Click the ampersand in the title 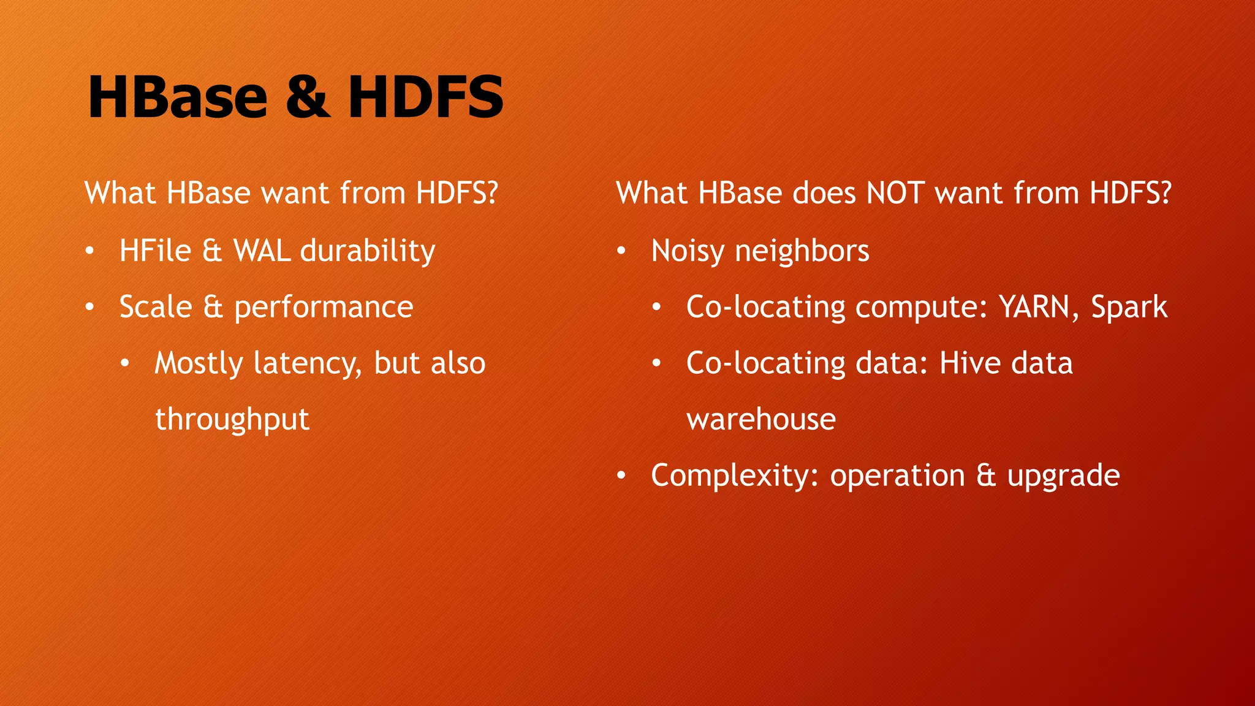[x=308, y=97]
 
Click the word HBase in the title [x=178, y=97]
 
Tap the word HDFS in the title [x=426, y=97]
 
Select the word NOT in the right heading [x=895, y=193]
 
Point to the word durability [x=368, y=251]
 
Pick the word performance [x=324, y=307]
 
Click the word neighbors [x=802, y=251]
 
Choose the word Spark [x=1129, y=307]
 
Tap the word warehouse [x=761, y=420]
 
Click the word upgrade [x=1064, y=476]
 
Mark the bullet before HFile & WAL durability [x=90, y=251]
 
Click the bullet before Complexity [x=621, y=476]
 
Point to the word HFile [x=156, y=251]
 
